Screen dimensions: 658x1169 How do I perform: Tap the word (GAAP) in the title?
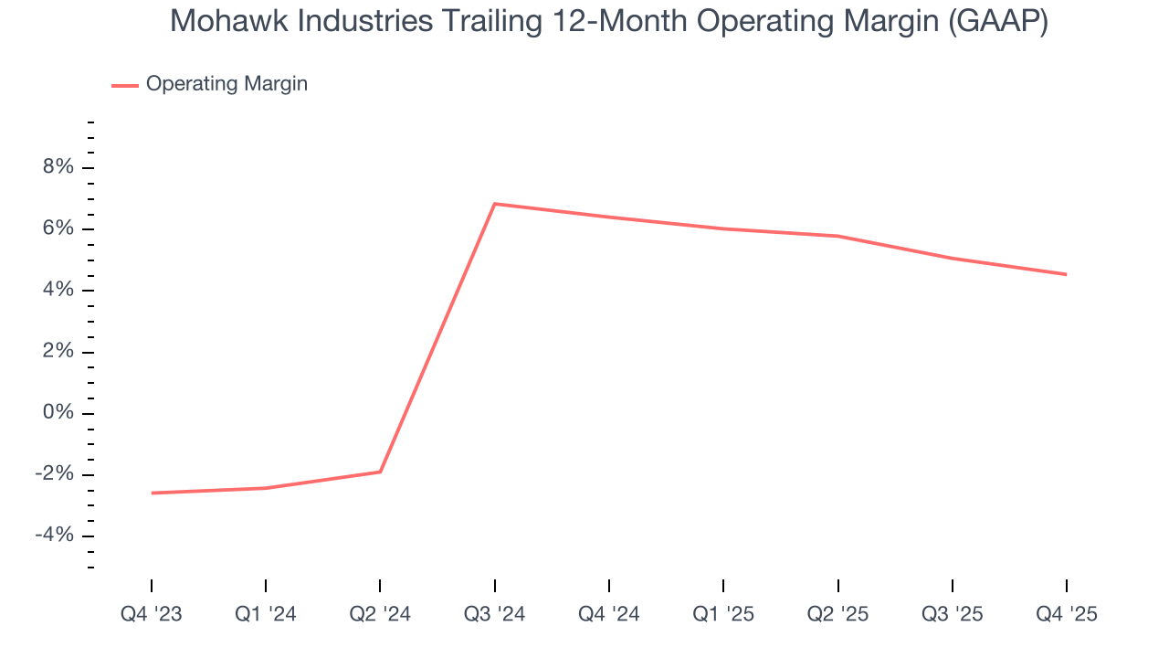click(x=997, y=21)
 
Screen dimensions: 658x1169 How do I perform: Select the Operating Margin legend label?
click(x=226, y=84)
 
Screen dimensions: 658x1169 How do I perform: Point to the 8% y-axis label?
click(x=57, y=167)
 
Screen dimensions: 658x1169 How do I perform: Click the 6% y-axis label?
click(x=57, y=228)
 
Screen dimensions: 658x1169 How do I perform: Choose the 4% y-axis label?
click(x=57, y=290)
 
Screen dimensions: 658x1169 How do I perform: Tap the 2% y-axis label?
click(x=57, y=352)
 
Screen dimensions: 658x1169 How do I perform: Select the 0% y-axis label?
click(x=57, y=413)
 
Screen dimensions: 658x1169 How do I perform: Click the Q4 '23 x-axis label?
click(x=152, y=615)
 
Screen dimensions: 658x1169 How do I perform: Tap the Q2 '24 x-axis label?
click(x=380, y=615)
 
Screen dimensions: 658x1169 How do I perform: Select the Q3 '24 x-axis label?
click(x=494, y=615)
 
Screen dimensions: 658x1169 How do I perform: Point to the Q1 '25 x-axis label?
click(x=723, y=615)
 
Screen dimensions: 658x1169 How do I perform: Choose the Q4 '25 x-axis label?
click(x=1067, y=615)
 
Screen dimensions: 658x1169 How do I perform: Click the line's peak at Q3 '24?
click(x=494, y=204)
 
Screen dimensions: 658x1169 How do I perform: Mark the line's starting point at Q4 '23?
click(x=152, y=493)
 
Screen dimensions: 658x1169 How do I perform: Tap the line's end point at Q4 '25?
click(x=1066, y=274)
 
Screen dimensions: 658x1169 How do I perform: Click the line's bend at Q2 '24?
click(x=380, y=472)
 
